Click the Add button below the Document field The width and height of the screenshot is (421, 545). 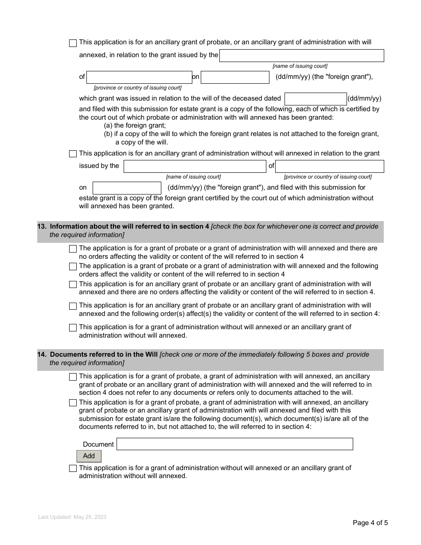[89, 456]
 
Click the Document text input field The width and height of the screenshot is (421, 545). [234, 444]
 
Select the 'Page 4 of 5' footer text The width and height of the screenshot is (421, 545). [370, 523]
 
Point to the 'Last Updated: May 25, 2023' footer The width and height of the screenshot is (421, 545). [72, 517]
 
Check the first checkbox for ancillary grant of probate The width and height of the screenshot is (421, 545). [73, 43]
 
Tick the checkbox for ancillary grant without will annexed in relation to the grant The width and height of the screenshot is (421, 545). [73, 154]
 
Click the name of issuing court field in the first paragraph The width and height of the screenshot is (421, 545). [301, 55]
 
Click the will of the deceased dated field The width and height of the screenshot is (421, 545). [315, 99]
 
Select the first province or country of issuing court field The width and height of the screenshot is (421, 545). [139, 77]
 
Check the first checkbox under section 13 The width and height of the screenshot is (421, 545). [73, 249]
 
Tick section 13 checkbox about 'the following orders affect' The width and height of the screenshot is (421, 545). [73, 267]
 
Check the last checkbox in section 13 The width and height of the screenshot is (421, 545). [73, 328]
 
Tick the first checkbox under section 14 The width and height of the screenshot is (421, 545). [73, 377]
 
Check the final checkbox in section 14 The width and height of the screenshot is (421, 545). [73, 468]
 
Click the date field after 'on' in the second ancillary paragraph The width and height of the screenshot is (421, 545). [127, 188]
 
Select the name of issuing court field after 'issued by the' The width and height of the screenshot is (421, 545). [195, 166]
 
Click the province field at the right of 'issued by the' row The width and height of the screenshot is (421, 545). [329, 166]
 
